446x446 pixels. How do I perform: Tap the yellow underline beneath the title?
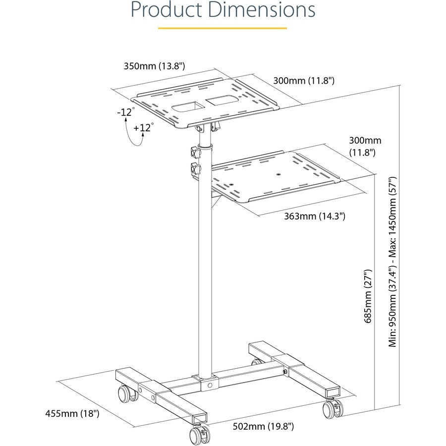tap(223, 28)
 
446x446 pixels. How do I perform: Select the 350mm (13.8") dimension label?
tap(154, 66)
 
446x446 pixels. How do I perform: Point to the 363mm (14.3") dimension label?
tap(315, 216)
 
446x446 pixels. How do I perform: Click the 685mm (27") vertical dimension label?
tap(368, 296)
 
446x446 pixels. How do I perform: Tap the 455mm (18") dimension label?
tap(72, 413)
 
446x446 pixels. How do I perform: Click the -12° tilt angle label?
tap(125, 112)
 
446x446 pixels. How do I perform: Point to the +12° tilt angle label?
tap(144, 127)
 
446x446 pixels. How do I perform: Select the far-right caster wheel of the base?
tap(330, 409)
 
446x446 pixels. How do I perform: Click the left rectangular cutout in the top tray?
tap(188, 106)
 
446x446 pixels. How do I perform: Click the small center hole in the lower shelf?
tap(279, 174)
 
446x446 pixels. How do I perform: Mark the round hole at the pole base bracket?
tap(210, 385)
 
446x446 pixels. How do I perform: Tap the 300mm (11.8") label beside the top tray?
tap(304, 80)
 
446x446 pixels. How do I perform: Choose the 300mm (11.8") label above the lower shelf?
tap(365, 146)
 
